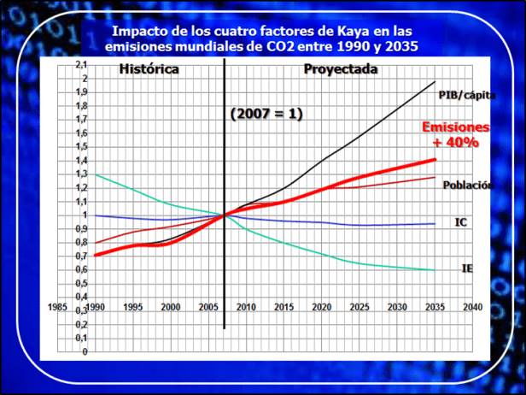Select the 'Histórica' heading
click(149, 69)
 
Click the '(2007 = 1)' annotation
click(266, 114)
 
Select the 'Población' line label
click(468, 185)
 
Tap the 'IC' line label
click(461, 222)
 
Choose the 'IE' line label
click(467, 268)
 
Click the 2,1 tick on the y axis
click(81, 65)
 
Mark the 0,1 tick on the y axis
click(81, 338)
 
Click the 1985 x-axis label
click(59, 306)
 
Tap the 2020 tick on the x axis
click(322, 306)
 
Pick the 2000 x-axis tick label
click(170, 306)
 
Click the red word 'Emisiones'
click(456, 127)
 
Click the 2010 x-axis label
click(247, 306)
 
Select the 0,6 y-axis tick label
click(81, 270)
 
